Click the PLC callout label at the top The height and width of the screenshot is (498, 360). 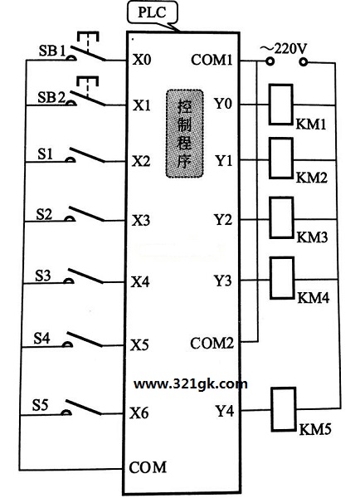pos(152,12)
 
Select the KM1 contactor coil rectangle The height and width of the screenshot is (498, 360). pos(280,105)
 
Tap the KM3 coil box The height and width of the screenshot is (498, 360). pos(281,217)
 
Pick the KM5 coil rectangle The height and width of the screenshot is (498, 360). pos(284,409)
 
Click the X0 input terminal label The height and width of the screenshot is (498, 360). pos(142,60)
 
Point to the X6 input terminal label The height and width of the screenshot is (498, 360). pos(139,413)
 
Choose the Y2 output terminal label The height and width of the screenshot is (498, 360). pos(223,219)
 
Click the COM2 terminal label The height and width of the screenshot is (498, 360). pos(212,343)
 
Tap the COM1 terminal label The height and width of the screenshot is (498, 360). pos(212,60)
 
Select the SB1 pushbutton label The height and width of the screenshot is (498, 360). pos(52,51)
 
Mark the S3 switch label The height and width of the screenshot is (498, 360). pos(43,276)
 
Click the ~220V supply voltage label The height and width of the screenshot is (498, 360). pos(284,49)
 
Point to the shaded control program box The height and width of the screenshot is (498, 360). pos(185,134)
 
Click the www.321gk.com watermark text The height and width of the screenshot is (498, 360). pos(191,384)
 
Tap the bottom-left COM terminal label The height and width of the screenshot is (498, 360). pos(148,467)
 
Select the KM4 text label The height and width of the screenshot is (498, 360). pos(314,298)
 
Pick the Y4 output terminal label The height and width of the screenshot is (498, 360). pos(225,411)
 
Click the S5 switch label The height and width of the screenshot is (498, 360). pos(40,405)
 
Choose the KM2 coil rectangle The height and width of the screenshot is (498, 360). pos(281,159)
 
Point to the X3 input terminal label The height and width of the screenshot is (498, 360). pos(141,220)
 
